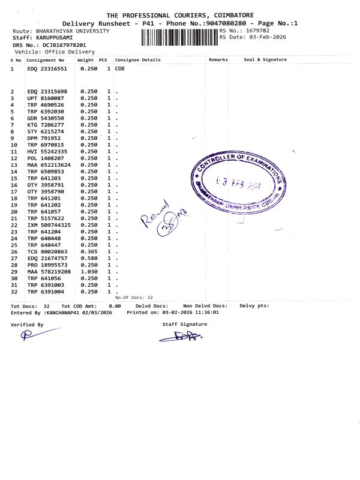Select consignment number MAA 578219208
[x=49, y=271]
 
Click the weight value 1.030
[x=89, y=271]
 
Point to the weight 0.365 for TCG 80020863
[x=89, y=251]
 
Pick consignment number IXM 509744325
[x=49, y=225]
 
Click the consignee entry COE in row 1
[x=119, y=69]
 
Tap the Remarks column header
[x=218, y=59]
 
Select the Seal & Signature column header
[x=265, y=59]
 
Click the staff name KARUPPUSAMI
[x=51, y=37]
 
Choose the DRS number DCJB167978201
[x=62, y=44]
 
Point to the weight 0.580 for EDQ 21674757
[x=89, y=258]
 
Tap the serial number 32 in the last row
[x=14, y=291]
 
